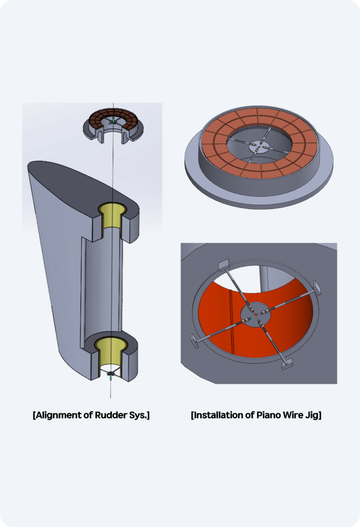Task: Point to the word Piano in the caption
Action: pos(267,415)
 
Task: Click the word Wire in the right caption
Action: pos(292,415)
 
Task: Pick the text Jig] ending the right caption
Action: pos(313,415)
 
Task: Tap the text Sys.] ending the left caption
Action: pos(138,415)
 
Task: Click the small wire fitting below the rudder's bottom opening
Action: pos(112,375)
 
